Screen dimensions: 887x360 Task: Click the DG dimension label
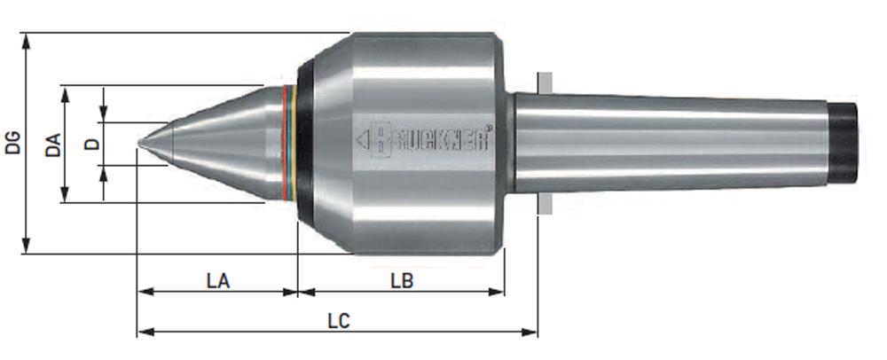13,143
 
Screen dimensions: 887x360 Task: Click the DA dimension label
53,145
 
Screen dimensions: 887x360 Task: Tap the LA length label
218,281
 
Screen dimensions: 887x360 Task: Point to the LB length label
402,281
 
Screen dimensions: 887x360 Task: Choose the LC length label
339,321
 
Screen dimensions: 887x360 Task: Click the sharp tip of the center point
139,144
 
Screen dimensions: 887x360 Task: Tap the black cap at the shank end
844,143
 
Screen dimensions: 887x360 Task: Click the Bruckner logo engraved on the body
424,139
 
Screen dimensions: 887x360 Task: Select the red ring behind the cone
287,144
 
